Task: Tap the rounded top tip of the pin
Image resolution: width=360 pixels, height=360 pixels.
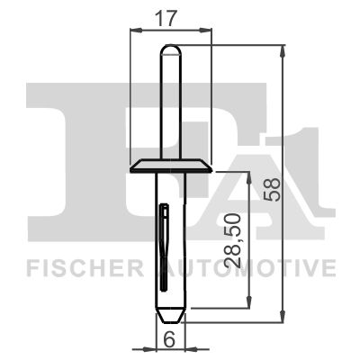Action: pos(169,48)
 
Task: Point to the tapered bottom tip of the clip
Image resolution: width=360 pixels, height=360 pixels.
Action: pos(169,316)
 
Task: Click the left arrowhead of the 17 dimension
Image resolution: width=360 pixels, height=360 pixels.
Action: pos(135,29)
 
